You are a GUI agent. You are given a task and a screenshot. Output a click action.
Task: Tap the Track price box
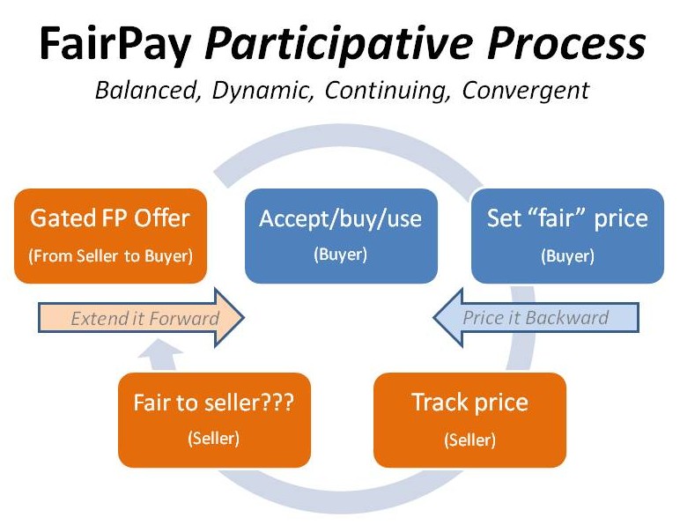(x=469, y=419)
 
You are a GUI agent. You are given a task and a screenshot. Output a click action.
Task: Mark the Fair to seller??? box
(x=214, y=419)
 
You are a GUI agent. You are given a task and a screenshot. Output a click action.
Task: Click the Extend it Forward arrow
(x=141, y=318)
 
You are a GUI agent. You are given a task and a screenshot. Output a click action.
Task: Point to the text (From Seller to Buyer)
(x=111, y=256)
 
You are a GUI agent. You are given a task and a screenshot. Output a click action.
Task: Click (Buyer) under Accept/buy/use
(x=340, y=255)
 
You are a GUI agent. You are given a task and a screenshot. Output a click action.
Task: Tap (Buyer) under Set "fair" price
(x=567, y=256)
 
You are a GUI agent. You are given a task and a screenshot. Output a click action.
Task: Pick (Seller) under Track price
(x=469, y=440)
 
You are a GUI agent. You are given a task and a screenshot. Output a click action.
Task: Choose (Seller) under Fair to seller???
(x=214, y=439)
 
